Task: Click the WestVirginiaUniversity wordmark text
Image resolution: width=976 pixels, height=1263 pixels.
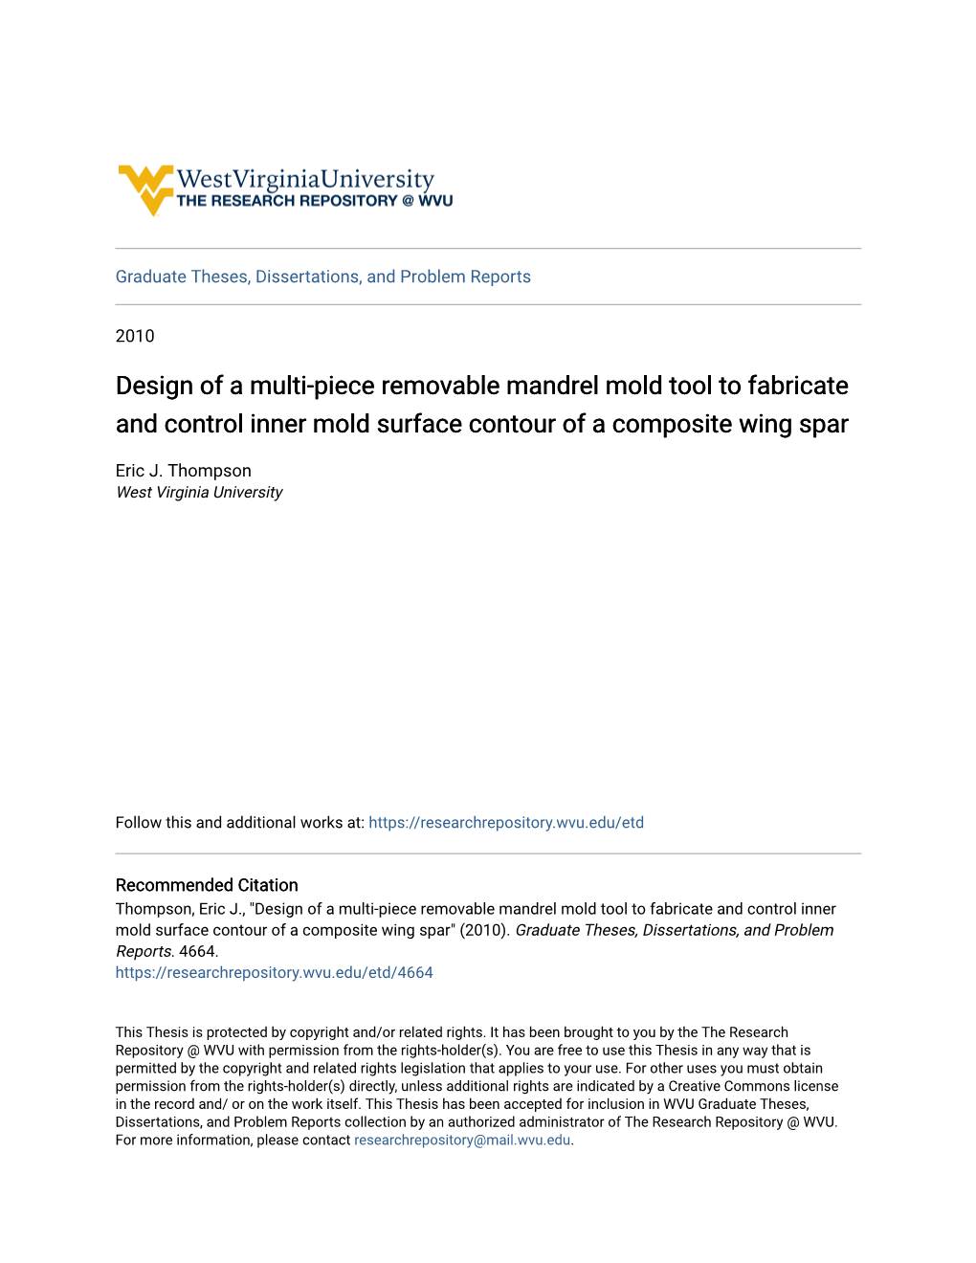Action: tap(305, 179)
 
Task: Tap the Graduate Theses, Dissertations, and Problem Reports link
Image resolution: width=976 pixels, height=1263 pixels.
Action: tap(322, 277)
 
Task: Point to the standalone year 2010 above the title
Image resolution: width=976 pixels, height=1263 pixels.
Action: tap(135, 336)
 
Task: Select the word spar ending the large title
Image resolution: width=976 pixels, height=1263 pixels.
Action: tap(823, 424)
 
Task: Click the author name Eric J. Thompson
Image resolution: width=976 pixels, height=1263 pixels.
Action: tap(184, 471)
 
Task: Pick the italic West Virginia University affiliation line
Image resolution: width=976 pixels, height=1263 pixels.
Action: tap(199, 492)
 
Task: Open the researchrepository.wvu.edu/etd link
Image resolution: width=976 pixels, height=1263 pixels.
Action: tap(505, 823)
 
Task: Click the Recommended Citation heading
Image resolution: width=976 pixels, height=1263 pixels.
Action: tap(207, 885)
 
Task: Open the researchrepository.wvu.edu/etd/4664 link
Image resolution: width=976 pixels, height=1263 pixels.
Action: tap(274, 972)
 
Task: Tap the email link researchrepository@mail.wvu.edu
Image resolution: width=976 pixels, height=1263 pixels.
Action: tap(462, 1141)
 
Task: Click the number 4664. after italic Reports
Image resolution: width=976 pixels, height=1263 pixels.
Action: tap(199, 951)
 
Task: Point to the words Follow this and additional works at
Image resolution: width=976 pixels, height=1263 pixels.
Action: tap(239, 823)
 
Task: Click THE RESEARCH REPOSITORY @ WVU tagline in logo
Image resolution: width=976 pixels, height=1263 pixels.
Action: tap(315, 201)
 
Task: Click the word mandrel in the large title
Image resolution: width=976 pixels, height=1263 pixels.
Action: tap(548, 386)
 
